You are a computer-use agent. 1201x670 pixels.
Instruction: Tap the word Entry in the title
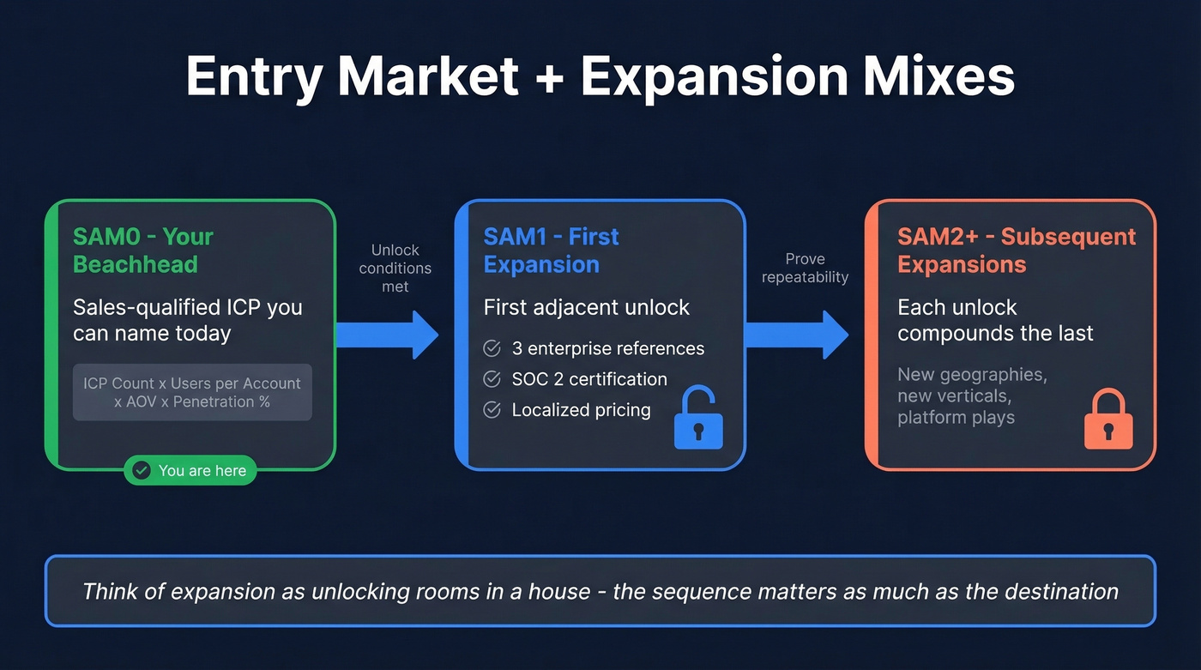pos(249,76)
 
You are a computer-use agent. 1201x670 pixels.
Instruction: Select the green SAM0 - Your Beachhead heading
pos(142,250)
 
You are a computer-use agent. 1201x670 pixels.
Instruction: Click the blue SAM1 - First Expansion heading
pos(551,250)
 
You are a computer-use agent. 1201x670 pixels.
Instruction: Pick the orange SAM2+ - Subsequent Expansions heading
pos(1016,250)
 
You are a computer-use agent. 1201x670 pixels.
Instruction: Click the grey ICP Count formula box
pos(192,392)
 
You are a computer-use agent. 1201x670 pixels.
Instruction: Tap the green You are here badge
pos(190,470)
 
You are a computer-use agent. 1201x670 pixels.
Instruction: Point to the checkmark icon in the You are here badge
pos(142,470)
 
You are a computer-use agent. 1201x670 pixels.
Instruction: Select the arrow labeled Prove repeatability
pos(797,335)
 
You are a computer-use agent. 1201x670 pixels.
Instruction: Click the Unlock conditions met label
pos(395,268)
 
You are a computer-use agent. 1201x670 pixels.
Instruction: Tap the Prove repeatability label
pos(805,268)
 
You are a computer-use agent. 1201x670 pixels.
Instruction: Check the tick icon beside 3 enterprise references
pos(492,348)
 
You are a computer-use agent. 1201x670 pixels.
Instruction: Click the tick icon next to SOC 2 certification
pos(492,379)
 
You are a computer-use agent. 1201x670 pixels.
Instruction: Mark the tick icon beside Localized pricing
pos(492,410)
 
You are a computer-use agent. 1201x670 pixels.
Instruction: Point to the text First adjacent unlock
pos(587,307)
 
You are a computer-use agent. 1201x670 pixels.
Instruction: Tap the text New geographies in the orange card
pos(972,375)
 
